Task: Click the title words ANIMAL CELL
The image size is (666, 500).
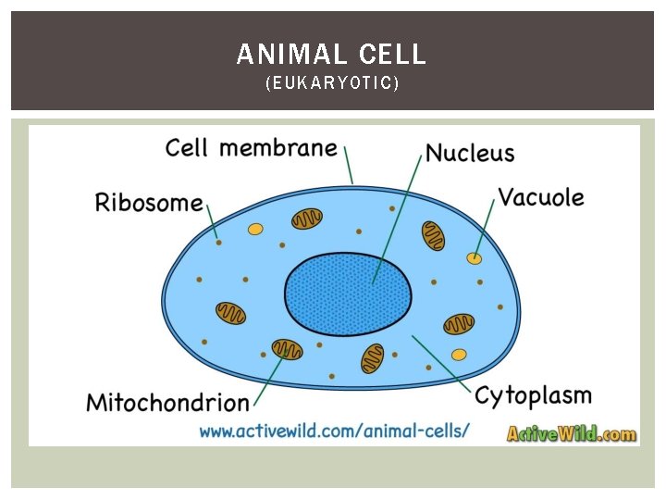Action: (x=331, y=55)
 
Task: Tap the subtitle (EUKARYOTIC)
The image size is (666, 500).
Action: (x=332, y=84)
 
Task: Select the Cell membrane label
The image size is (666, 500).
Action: (x=251, y=148)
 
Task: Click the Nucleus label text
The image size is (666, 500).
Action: (x=470, y=153)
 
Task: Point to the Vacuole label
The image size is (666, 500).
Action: (x=541, y=197)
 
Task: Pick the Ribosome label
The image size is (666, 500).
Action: (x=148, y=203)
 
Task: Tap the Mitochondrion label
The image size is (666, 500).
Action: (x=167, y=403)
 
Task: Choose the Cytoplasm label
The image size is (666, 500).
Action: (x=533, y=395)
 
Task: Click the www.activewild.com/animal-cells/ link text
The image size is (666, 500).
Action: (x=334, y=431)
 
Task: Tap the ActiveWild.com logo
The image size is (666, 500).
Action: (x=571, y=432)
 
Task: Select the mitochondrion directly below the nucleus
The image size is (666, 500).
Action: (x=372, y=357)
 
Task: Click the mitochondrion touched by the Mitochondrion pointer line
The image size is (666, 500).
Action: (x=287, y=349)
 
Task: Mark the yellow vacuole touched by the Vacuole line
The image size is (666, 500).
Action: (x=475, y=257)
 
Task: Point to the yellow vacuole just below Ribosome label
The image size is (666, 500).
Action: (x=255, y=229)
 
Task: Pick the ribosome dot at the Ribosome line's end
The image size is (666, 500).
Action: (x=219, y=244)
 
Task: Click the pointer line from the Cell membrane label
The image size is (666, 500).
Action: (x=349, y=166)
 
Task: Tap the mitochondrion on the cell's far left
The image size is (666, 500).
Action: (x=230, y=313)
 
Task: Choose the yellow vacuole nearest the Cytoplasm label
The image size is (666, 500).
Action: (x=459, y=354)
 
